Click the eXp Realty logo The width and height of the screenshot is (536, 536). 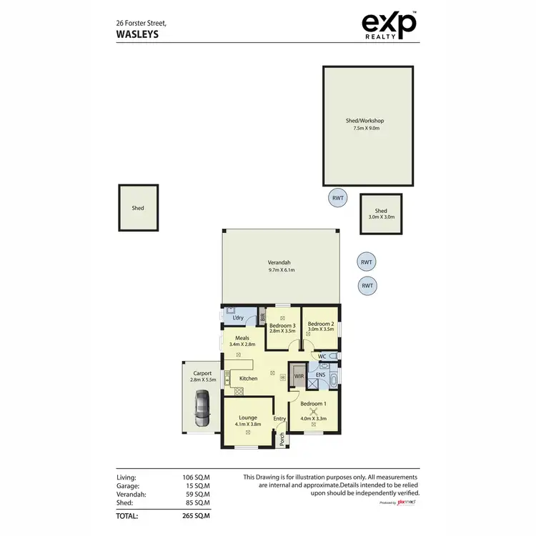389,27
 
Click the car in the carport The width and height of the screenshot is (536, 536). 202,410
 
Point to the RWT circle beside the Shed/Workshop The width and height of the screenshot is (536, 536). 337,199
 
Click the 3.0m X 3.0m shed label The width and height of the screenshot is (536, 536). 381,214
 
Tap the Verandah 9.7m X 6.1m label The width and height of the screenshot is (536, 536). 281,267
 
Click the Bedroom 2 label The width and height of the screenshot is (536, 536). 321,326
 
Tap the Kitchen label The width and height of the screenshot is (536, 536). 248,378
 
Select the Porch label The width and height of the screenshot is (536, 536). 282,438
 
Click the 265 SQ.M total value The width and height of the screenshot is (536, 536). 197,515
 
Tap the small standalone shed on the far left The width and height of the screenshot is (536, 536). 138,208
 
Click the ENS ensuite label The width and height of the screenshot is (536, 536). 321,374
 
